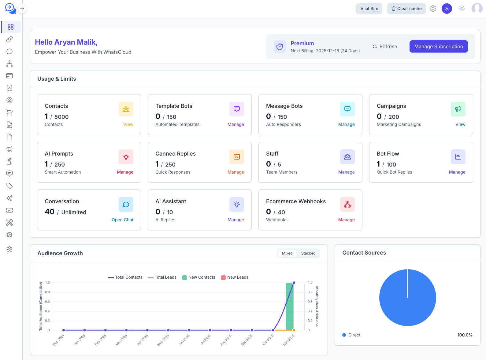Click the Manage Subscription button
438,46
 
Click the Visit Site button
369,9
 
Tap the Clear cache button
406,9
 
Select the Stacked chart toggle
308,253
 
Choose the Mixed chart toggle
287,253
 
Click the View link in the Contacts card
128,124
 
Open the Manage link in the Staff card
346,172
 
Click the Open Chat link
122,220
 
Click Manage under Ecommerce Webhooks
346,220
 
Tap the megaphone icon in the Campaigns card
458,109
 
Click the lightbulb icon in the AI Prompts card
126,157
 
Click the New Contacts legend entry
199,277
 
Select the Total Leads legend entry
162,277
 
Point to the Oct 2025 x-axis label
268,340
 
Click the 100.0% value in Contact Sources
465,335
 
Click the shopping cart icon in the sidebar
9,112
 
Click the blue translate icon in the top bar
447,9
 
